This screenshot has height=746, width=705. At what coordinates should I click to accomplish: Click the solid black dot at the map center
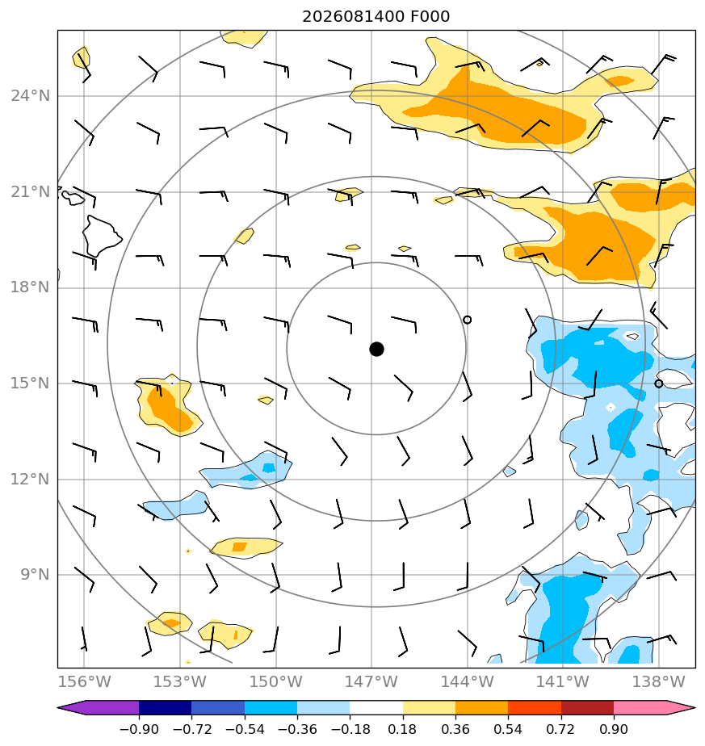click(376, 350)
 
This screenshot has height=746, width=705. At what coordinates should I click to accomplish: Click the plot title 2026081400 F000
click(376, 17)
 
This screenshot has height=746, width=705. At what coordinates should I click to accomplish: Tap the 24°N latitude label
click(30, 96)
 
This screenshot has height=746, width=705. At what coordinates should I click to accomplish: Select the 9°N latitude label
click(35, 575)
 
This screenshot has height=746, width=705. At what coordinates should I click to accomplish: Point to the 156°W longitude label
click(84, 681)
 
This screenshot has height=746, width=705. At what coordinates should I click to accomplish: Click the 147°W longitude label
click(371, 681)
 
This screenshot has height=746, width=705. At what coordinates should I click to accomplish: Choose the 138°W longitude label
click(658, 681)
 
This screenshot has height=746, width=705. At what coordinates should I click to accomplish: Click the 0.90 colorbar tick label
click(614, 729)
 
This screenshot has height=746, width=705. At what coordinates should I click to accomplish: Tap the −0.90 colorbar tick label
click(139, 729)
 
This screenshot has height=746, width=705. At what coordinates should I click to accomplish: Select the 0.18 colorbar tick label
click(403, 729)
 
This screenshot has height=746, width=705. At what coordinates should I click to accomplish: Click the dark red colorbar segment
click(587, 707)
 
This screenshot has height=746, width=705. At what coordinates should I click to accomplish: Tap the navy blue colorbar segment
click(166, 707)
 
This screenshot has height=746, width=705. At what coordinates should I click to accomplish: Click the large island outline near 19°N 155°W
click(100, 236)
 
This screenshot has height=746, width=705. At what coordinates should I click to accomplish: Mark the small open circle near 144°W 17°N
click(467, 320)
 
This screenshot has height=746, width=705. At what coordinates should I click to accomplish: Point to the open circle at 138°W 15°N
click(658, 383)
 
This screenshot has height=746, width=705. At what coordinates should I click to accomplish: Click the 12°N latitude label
click(30, 479)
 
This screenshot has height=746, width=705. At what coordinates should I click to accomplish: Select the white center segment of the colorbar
click(376, 707)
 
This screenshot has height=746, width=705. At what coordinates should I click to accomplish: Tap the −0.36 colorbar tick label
click(297, 729)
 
